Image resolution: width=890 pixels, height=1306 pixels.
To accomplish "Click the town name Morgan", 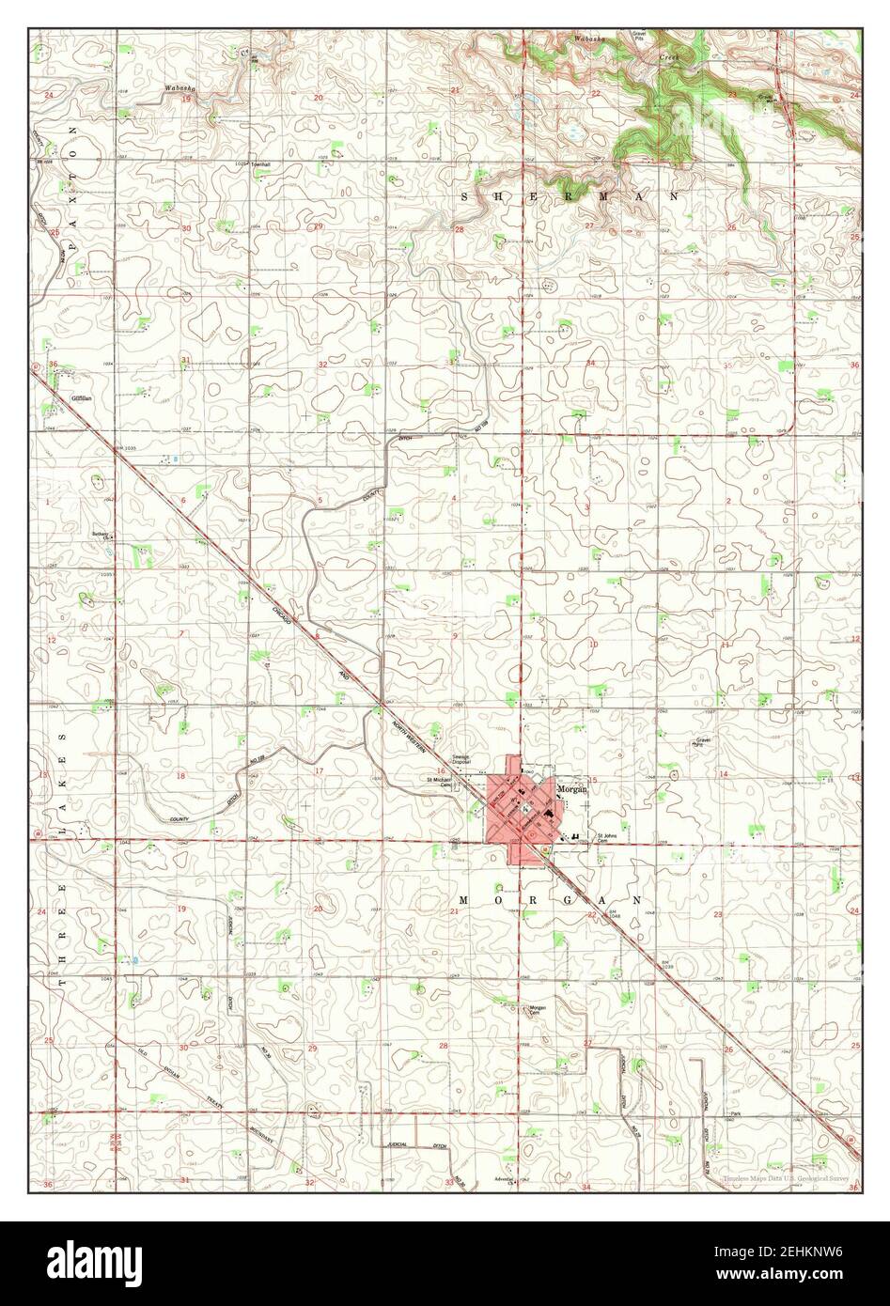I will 571,789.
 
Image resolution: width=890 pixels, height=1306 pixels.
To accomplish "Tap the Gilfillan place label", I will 82,397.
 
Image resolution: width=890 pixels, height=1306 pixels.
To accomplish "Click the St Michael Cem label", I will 439,781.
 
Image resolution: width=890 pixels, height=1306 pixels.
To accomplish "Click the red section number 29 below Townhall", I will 320,226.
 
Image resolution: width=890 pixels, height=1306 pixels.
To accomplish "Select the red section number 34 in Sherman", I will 591,364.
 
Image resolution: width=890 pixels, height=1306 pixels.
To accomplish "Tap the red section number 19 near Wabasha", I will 187,98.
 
